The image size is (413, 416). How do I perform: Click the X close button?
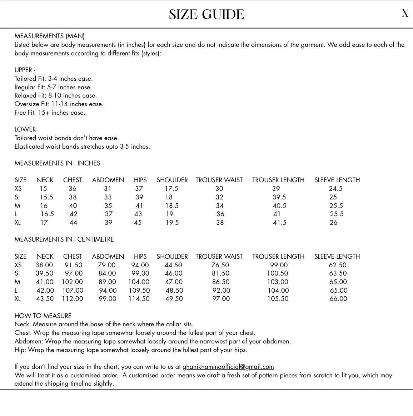(405, 13)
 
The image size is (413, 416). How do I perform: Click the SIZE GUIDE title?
(206, 15)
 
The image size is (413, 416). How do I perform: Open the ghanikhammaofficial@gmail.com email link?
(228, 367)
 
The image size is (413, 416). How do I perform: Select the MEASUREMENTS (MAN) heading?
(49, 36)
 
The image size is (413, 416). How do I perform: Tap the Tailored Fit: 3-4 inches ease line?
(53, 79)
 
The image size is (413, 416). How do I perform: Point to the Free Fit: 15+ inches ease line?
(50, 113)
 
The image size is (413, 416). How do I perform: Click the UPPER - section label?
(25, 70)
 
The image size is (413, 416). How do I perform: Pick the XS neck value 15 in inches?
(43, 189)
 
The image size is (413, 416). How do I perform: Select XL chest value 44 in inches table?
(73, 223)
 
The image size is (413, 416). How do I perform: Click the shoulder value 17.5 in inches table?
(171, 189)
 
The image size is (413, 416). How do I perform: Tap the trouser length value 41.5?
(279, 223)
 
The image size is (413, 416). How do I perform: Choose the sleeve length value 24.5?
(335, 189)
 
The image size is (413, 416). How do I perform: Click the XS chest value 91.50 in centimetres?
(73, 265)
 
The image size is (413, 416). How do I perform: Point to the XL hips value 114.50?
(139, 299)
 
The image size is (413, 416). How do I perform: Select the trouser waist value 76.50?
(220, 265)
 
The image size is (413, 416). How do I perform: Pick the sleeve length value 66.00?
(338, 299)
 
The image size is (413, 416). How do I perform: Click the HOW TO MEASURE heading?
(43, 316)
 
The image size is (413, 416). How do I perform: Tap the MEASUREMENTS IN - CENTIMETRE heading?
(64, 239)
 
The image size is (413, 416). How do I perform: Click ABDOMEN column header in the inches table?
(108, 180)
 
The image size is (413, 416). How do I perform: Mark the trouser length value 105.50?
(278, 299)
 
